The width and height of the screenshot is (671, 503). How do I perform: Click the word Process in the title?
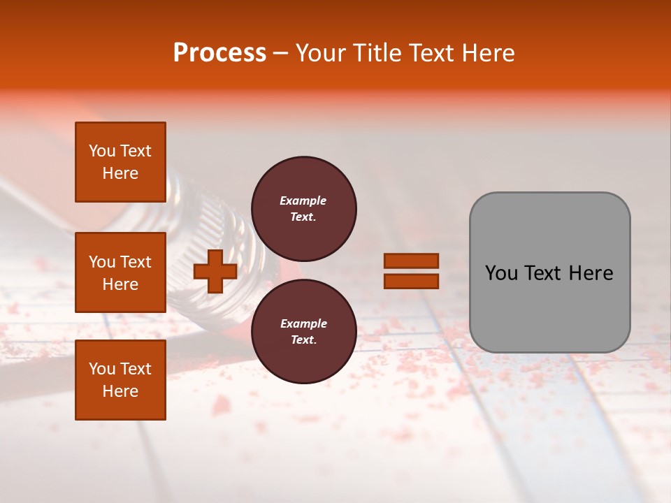[219, 53]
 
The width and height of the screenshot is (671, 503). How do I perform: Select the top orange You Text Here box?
[120, 162]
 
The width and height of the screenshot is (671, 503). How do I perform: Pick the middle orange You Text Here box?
[120, 272]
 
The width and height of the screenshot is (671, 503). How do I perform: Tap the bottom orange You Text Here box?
[120, 379]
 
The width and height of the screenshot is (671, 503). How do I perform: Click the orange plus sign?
[215, 271]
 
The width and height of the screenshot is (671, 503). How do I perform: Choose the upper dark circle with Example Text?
[303, 209]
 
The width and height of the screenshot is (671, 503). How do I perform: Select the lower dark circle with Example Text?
[303, 331]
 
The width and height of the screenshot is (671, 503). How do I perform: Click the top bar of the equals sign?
[411, 261]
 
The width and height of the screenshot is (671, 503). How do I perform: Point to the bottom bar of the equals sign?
[411, 281]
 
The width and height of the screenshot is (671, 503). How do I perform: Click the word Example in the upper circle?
[303, 201]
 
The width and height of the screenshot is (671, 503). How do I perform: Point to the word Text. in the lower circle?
[303, 340]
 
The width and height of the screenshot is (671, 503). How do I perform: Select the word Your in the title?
[321, 53]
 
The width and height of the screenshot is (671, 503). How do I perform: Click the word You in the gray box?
[503, 273]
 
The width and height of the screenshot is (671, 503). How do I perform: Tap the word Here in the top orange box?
[120, 173]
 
